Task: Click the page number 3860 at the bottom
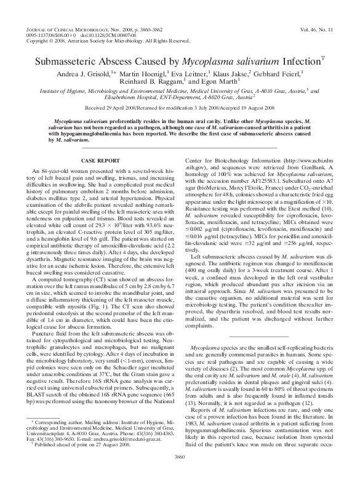[180, 472]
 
